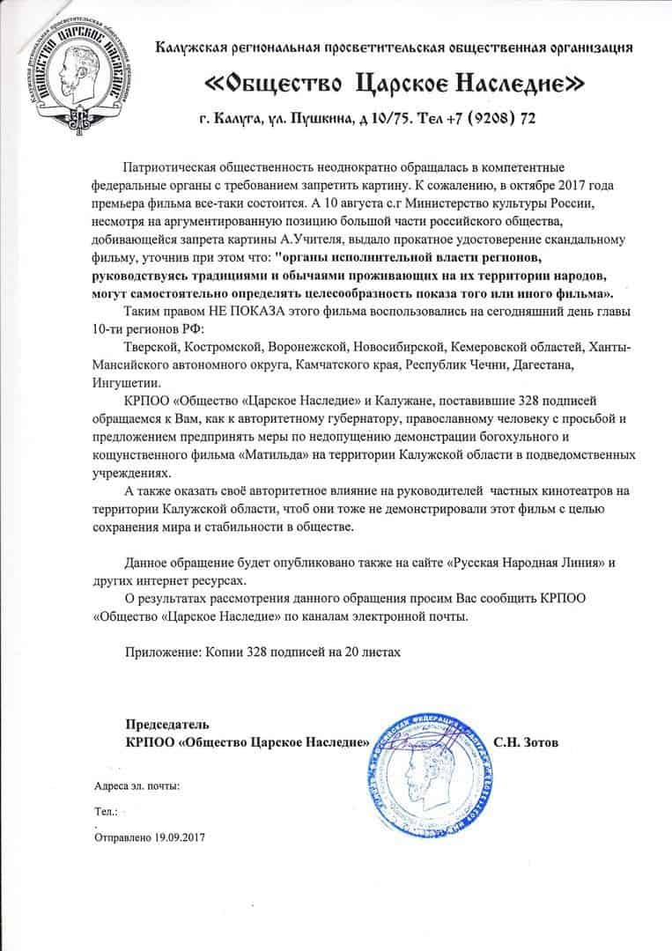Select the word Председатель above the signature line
[x=167, y=724]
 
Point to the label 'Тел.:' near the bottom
[x=105, y=810]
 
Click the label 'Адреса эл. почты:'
[x=137, y=785]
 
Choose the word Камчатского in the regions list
[x=333, y=364]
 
